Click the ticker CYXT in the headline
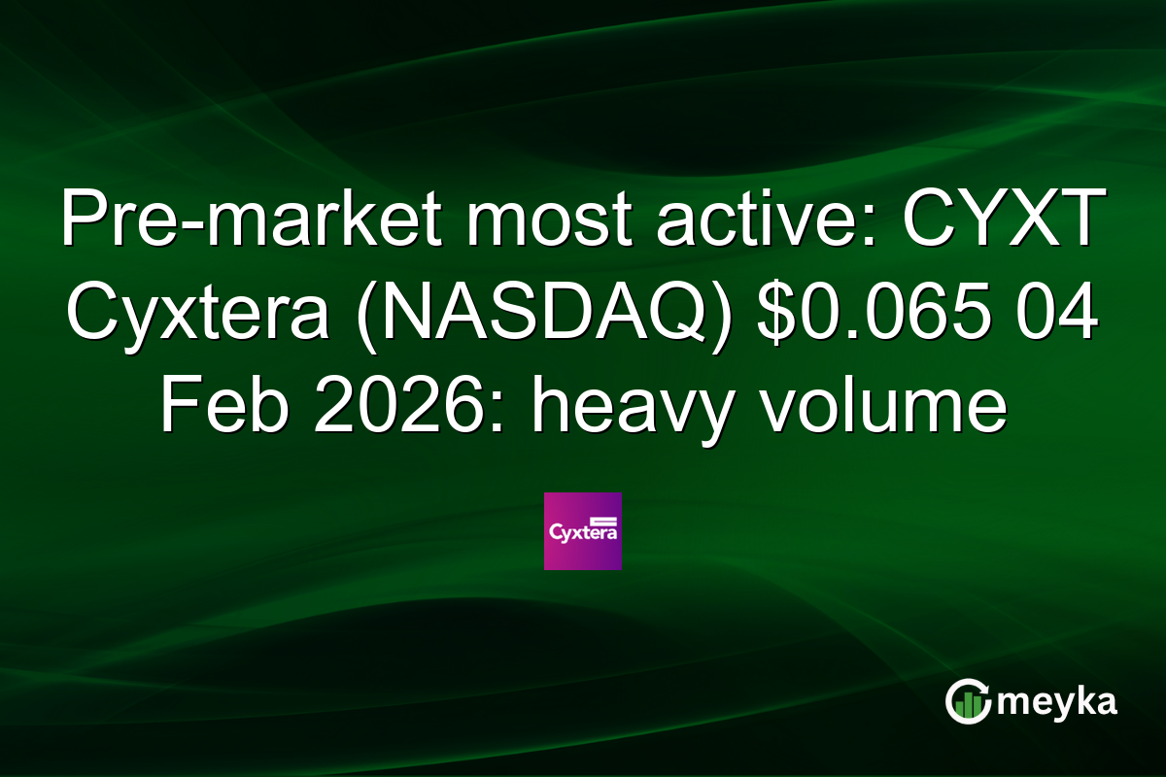coord(1005,222)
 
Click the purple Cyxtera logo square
coord(582,531)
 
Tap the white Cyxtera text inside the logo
coord(582,534)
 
